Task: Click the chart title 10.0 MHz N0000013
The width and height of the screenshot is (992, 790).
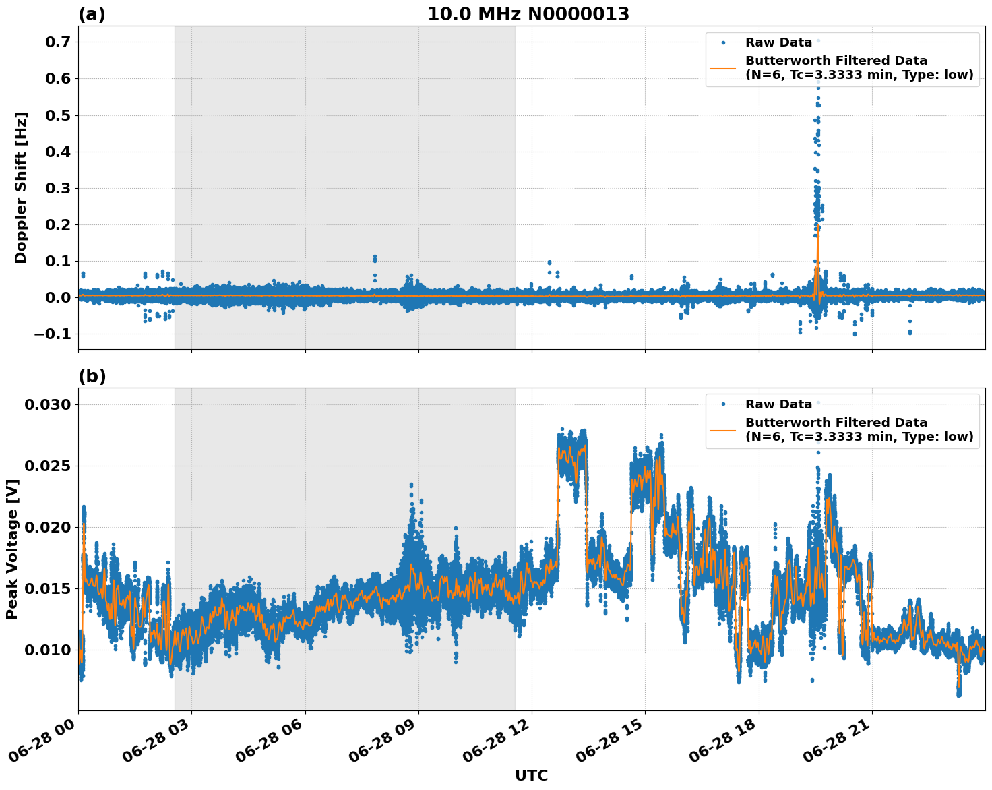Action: [x=528, y=14]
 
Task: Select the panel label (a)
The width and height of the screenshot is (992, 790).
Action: [x=92, y=14]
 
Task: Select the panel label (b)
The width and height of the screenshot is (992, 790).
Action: [x=92, y=376]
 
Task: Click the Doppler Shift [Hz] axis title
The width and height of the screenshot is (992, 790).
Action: [x=21, y=187]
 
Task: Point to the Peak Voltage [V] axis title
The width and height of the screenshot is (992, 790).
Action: [x=11, y=549]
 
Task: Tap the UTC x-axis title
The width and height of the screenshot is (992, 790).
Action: [x=531, y=775]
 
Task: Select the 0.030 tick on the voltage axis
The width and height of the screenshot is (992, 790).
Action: [x=48, y=405]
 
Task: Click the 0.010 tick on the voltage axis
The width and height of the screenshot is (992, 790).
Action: [x=48, y=650]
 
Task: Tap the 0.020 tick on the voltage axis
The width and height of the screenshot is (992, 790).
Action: [x=48, y=528]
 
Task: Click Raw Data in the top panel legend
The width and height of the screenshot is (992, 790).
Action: [x=778, y=42]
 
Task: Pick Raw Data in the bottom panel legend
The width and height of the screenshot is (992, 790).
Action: [x=778, y=404]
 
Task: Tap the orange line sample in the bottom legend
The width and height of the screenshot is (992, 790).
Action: [x=722, y=429]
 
